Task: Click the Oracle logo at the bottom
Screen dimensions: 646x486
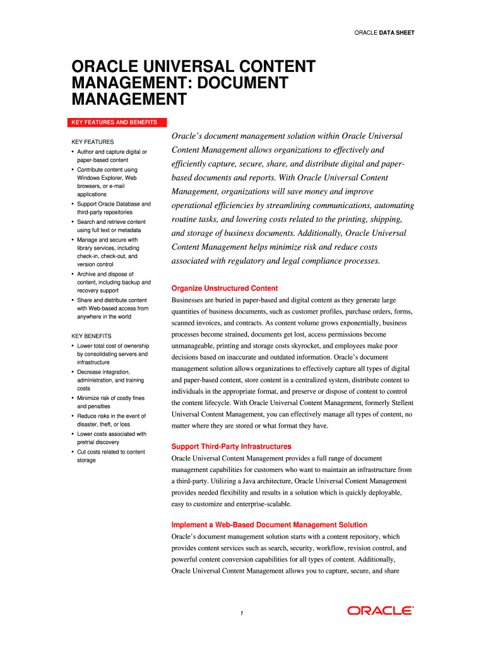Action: (381, 611)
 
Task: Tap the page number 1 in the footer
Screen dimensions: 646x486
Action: (242, 613)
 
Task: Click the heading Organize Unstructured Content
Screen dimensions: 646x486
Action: (225, 288)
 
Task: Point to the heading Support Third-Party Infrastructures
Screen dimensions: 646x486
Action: (231, 446)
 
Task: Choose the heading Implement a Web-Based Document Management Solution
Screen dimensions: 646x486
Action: (269, 525)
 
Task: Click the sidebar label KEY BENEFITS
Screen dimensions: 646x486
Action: (92, 336)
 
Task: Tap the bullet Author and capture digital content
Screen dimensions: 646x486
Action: (111, 156)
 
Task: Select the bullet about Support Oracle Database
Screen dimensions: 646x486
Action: (114, 208)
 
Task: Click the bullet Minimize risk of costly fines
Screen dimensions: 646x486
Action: (110, 402)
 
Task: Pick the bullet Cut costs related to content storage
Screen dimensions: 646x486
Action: (110, 455)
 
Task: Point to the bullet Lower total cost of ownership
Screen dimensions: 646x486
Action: (112, 354)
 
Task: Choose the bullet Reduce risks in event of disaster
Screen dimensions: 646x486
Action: (111, 420)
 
